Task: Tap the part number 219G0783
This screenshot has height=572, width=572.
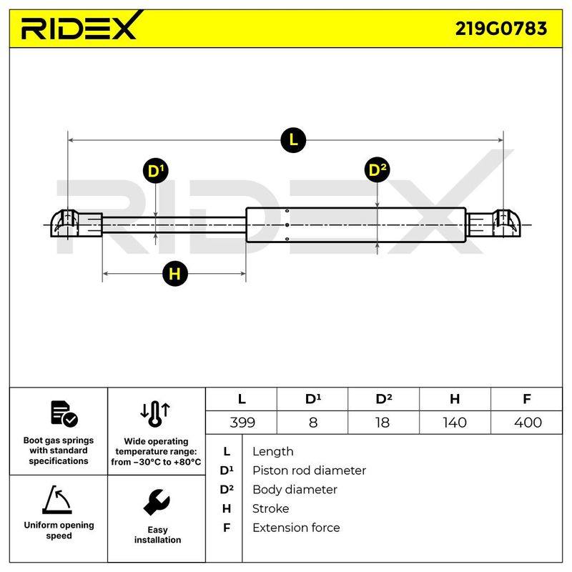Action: click(x=501, y=29)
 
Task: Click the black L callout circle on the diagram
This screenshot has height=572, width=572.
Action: click(x=293, y=140)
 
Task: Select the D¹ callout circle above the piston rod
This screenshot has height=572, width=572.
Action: click(x=156, y=171)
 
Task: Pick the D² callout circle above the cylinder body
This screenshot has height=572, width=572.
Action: click(x=378, y=170)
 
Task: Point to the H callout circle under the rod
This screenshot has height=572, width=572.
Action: click(x=174, y=274)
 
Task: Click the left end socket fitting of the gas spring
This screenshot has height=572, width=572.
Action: click(x=77, y=224)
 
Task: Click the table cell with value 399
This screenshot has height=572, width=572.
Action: click(x=242, y=423)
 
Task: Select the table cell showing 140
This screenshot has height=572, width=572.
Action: click(x=455, y=423)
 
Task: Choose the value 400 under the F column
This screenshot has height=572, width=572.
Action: click(x=528, y=423)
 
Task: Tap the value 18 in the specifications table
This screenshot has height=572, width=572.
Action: click(x=383, y=423)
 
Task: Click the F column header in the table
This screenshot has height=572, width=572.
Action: click(x=526, y=399)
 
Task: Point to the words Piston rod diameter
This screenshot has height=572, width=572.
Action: click(x=309, y=470)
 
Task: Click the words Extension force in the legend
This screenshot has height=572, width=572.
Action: click(x=296, y=528)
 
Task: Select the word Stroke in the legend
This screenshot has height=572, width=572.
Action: click(x=270, y=508)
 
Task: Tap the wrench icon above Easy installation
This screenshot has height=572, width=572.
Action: click(x=157, y=502)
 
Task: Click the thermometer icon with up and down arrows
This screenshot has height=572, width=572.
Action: click(x=155, y=415)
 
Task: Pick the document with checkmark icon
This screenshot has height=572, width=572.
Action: click(x=64, y=414)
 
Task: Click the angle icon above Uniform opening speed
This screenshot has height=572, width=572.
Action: click(x=57, y=500)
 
